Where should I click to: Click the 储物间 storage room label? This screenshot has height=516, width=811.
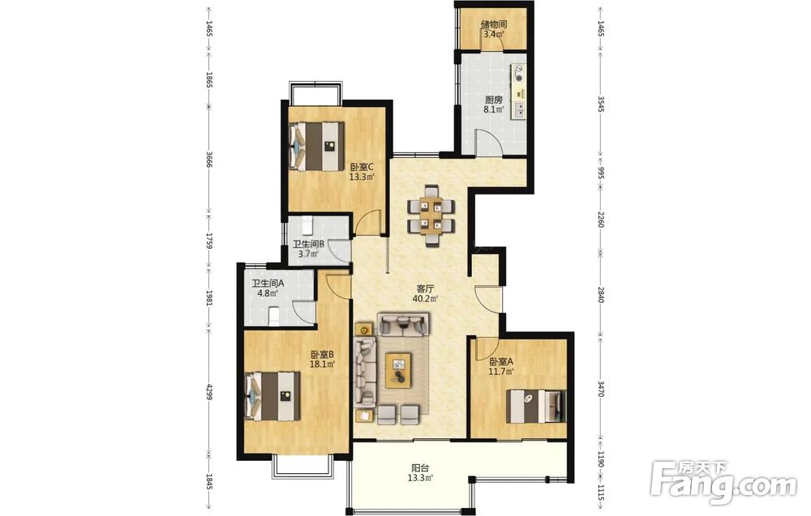(x=493, y=24)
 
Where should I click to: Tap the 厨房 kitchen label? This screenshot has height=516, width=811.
(x=493, y=100)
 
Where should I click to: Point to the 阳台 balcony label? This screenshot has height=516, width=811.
(x=420, y=468)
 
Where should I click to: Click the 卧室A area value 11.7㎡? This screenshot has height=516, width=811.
(x=501, y=371)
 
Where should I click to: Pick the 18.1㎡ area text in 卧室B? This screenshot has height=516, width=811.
(x=322, y=365)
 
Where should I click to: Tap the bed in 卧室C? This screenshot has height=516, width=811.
(x=316, y=146)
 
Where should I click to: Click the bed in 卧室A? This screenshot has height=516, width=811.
(x=536, y=406)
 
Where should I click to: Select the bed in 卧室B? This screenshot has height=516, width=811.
(x=272, y=395)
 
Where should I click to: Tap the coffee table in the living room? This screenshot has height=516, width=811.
(x=398, y=370)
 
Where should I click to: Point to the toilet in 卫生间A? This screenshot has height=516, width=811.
(x=274, y=316)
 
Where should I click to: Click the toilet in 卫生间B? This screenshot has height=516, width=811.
(x=308, y=225)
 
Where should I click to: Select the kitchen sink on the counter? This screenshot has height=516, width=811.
(x=518, y=110)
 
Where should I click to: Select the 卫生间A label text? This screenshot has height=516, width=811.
(x=268, y=283)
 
